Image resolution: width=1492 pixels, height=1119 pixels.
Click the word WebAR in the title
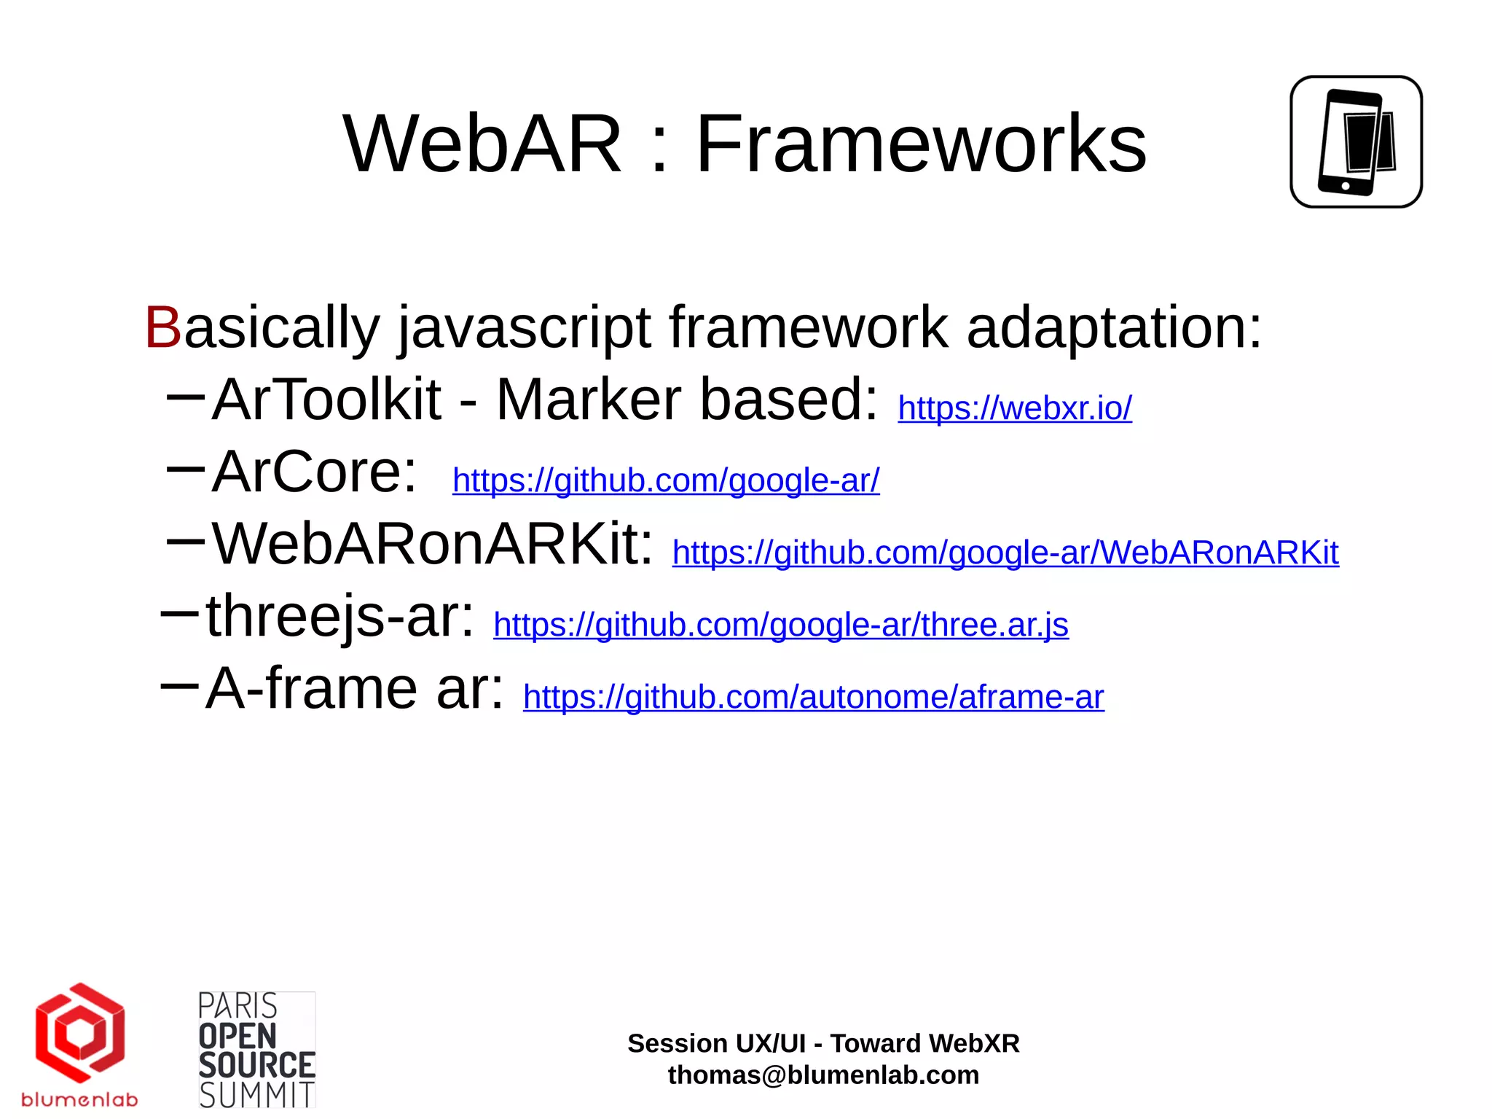click(482, 144)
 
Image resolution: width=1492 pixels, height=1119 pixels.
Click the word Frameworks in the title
click(921, 144)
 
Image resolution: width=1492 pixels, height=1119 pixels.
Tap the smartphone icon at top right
click(1356, 142)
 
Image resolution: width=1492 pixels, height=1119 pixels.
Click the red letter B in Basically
click(162, 328)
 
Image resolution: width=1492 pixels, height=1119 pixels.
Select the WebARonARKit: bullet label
click(433, 545)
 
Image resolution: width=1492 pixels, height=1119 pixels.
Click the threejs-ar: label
click(339, 617)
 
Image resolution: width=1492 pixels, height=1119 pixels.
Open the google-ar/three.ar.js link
click(780, 625)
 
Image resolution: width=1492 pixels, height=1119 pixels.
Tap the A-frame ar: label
click(355, 689)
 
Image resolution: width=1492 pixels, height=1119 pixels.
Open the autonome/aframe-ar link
click(813, 698)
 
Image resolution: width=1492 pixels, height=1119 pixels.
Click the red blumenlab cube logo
click(80, 1034)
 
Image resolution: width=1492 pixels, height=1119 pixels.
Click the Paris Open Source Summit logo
click(256, 1050)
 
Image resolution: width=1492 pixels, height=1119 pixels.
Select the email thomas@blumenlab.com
click(823, 1075)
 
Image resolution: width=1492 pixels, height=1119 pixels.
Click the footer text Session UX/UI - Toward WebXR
click(823, 1043)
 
